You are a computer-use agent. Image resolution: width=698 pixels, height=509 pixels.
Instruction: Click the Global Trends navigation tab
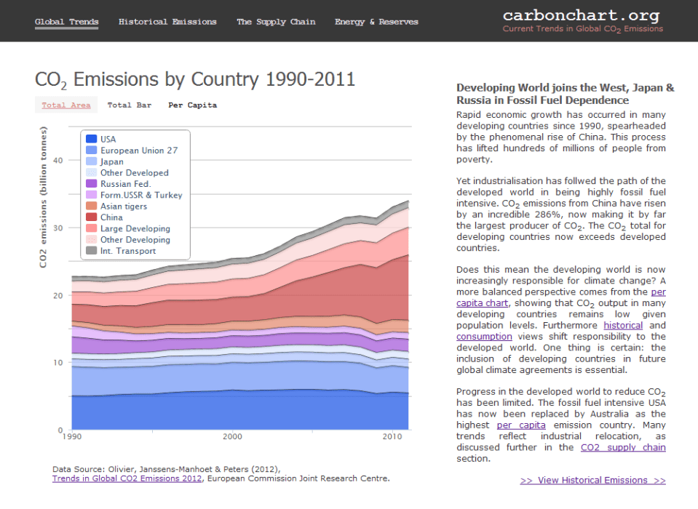[66, 22]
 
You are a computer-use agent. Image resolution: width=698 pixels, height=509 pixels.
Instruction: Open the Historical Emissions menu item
[167, 22]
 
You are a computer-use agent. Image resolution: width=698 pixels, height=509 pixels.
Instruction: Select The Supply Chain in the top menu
[276, 22]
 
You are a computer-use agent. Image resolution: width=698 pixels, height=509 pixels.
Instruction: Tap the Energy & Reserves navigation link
[376, 22]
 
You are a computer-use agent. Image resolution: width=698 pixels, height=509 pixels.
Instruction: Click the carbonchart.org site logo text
[581, 15]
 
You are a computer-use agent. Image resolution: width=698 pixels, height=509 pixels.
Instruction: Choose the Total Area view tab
[66, 105]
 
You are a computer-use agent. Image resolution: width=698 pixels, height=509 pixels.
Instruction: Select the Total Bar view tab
[130, 105]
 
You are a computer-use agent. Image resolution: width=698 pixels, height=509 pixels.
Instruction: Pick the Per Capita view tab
[192, 105]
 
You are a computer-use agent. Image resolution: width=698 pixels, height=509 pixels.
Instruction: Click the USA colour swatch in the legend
[91, 139]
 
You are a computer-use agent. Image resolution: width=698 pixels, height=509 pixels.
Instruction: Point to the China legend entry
[111, 217]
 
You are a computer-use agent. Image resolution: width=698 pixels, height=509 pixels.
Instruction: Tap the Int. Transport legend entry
[127, 251]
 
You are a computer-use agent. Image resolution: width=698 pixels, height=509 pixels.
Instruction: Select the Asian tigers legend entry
[123, 207]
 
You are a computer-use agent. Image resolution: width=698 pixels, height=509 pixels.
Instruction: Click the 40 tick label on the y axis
[59, 161]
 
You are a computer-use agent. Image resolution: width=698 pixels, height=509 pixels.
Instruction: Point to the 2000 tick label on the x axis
[232, 437]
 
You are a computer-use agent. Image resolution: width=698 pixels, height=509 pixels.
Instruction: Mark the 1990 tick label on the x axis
[72, 437]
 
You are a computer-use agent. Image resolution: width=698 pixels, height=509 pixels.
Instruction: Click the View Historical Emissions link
[592, 480]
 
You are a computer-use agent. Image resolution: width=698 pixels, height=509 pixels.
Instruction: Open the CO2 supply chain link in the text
[622, 447]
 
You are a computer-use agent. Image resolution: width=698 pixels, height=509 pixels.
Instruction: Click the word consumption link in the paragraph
[484, 337]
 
